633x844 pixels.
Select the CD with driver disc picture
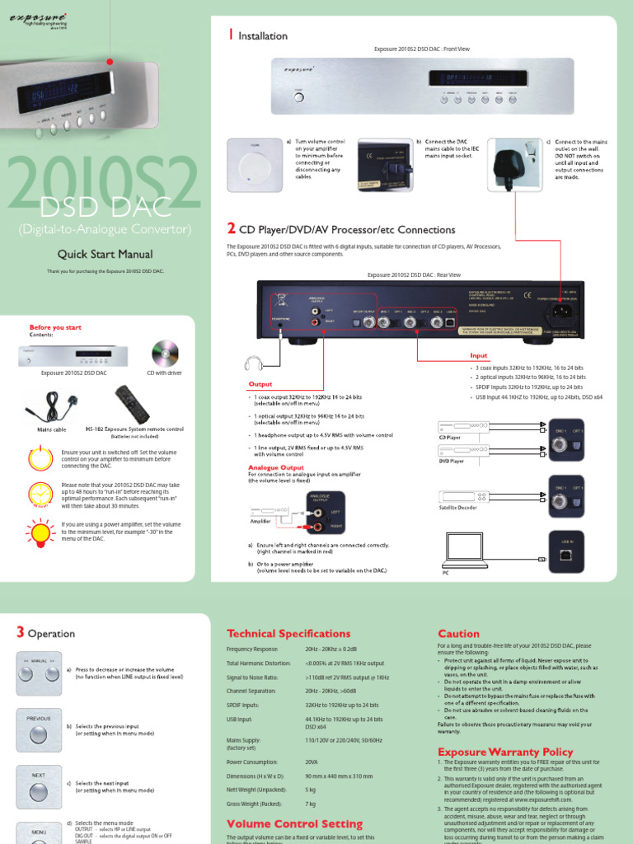(165, 354)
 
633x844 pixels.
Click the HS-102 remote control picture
(135, 403)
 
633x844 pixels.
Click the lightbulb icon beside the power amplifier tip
(40, 529)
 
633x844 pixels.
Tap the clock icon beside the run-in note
(40, 492)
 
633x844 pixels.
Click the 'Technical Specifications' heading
(288, 634)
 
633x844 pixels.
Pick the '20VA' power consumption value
(312, 762)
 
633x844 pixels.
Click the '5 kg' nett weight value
(311, 790)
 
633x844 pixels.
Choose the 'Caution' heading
(458, 633)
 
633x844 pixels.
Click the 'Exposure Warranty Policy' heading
(505, 752)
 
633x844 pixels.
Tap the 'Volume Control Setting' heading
(294, 824)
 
